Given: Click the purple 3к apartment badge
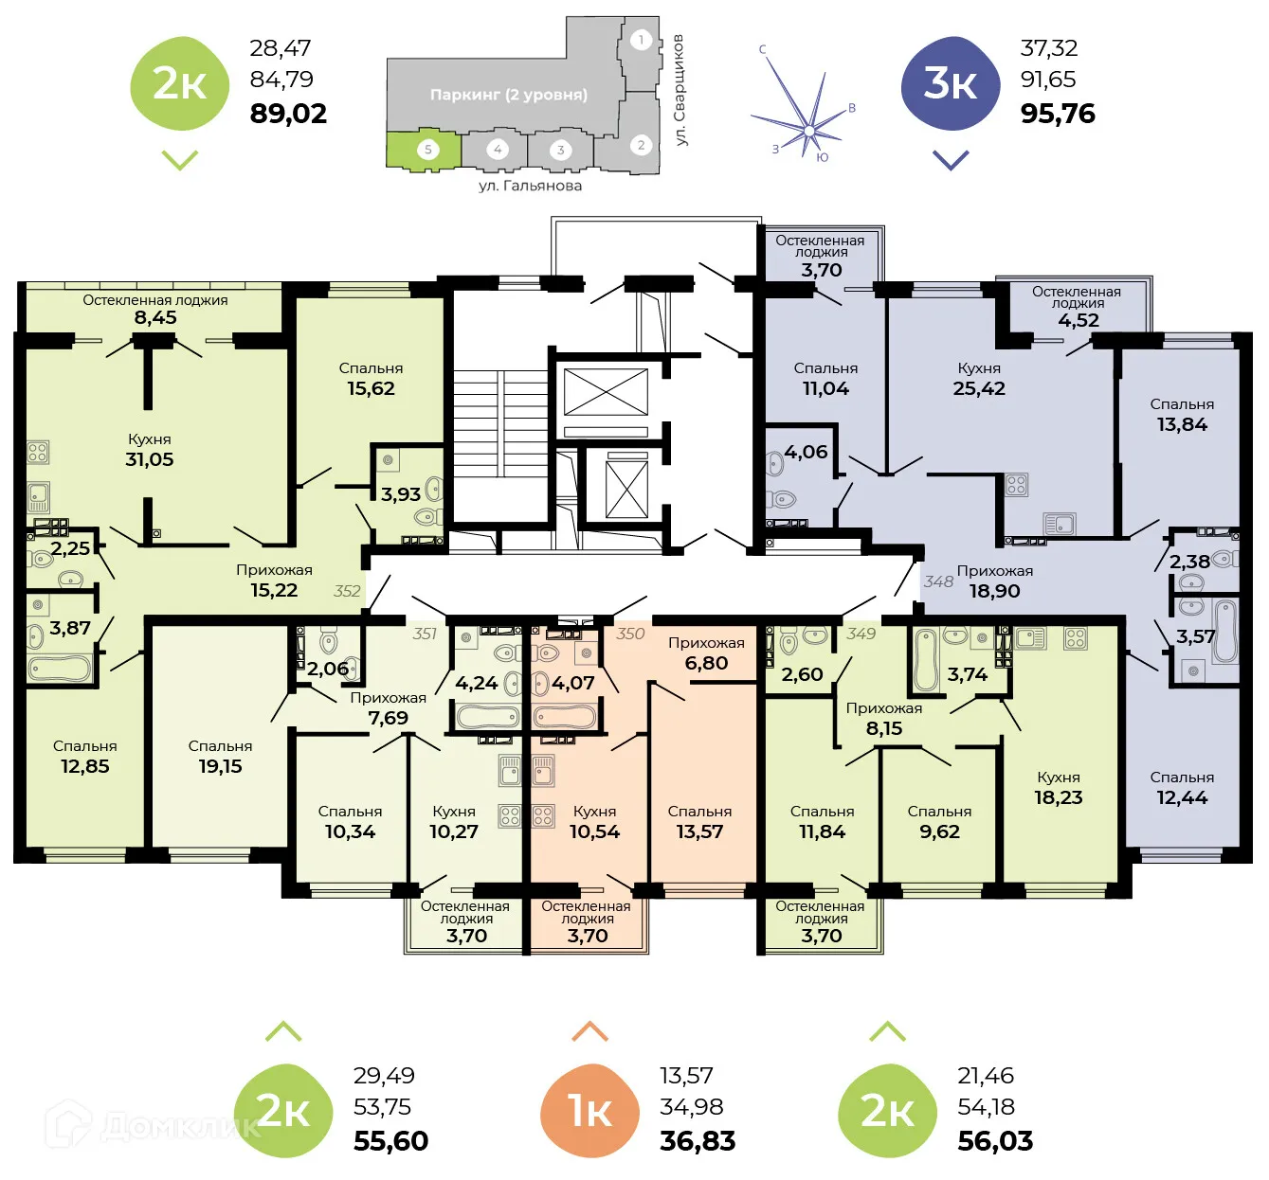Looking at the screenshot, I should tap(950, 84).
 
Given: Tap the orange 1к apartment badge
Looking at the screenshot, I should tap(589, 1111).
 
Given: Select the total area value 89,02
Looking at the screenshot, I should tap(288, 114).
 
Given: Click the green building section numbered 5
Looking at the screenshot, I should tap(426, 150).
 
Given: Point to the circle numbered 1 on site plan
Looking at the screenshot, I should tap(642, 40).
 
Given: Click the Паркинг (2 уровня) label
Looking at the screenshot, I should tap(508, 95).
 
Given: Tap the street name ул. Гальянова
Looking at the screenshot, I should tap(530, 186).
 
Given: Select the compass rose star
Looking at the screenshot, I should tap(807, 129).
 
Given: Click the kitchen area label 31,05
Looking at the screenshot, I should tap(150, 459).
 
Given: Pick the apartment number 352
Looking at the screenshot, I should tap(347, 591).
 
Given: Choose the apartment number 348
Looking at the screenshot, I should tap(938, 581).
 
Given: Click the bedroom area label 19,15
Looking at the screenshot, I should tap(220, 766).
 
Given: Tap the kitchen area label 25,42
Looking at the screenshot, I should tap(979, 388).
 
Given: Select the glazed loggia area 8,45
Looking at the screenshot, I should tap(155, 317).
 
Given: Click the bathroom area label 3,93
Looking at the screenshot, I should tap(401, 494).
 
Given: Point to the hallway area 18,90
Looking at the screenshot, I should tap(994, 591).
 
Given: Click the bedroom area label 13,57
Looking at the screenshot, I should tap(699, 831).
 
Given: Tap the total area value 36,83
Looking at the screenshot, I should tap(698, 1141).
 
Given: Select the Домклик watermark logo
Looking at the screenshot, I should tap(152, 1125).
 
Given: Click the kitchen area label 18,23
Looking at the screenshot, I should tap(1058, 797).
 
